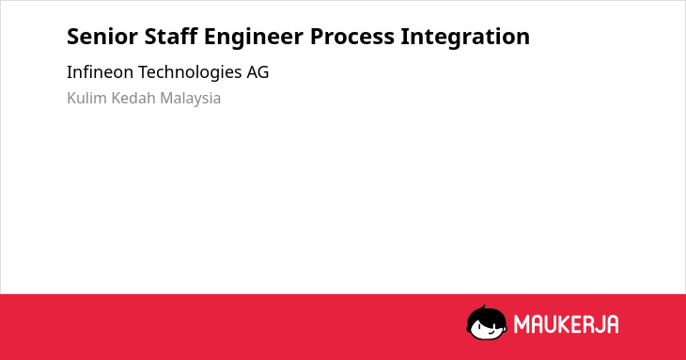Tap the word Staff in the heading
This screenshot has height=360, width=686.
click(171, 36)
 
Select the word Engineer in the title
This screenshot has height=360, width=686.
click(254, 38)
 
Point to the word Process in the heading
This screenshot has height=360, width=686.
click(352, 37)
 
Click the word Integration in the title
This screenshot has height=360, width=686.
click(465, 38)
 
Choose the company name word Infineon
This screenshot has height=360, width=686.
click(100, 72)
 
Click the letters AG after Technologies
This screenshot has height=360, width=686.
click(257, 72)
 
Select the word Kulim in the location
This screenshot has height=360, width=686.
click(86, 98)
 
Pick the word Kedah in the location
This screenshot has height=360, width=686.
click(133, 98)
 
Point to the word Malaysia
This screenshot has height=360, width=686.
click(191, 99)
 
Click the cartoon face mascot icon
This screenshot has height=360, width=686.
click(487, 322)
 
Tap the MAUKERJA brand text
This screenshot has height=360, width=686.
click(566, 324)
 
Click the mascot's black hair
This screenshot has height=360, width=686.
click(486, 315)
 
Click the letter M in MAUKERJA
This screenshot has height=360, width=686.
click(522, 324)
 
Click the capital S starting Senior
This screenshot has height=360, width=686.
click(73, 37)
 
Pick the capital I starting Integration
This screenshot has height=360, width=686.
click(404, 37)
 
